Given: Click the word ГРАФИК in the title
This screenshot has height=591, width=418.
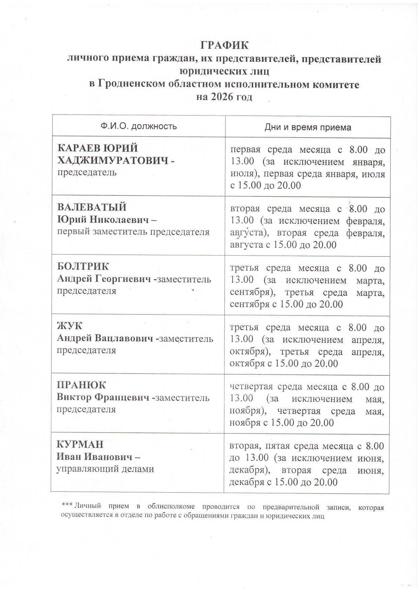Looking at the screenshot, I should pos(224,45).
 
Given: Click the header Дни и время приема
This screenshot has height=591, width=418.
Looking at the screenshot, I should pos(307,127).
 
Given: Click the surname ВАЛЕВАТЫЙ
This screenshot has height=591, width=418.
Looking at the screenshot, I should pos(92,207).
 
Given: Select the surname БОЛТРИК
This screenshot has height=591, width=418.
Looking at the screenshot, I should pos(83,266).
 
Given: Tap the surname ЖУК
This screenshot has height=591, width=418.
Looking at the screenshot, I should pos(70,326).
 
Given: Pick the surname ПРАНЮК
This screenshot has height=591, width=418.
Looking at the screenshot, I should pos(81,385).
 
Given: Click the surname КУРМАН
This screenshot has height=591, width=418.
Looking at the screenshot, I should pos(80,444).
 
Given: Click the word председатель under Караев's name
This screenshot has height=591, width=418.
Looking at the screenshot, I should pos(87,172).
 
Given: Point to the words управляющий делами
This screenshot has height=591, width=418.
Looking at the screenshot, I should pos(105,469).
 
